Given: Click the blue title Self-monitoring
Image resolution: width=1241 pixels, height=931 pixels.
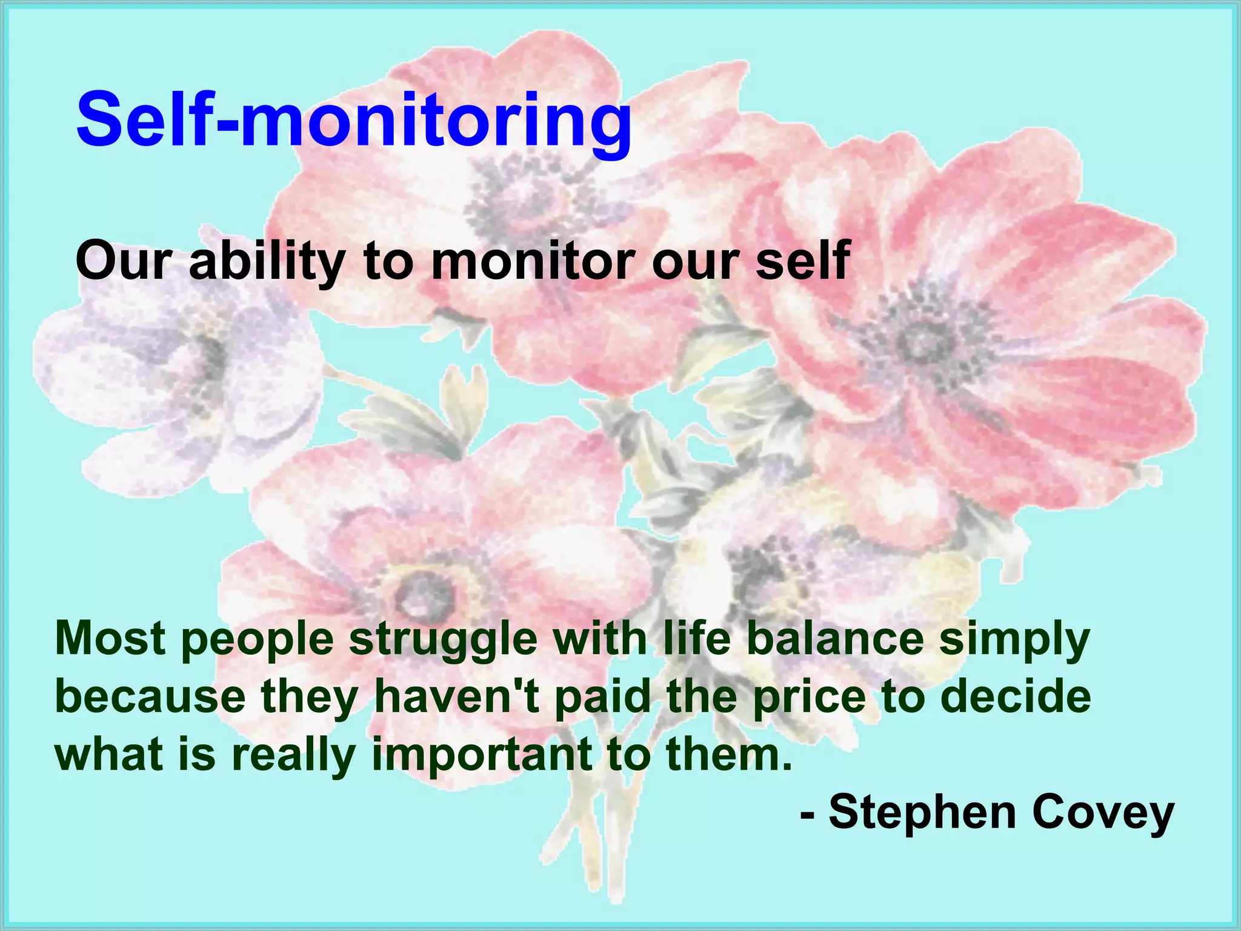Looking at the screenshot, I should [x=353, y=119].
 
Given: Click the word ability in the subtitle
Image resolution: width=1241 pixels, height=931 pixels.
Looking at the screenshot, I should [x=267, y=261].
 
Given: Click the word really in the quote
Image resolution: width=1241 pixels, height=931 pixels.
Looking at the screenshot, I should [x=293, y=755].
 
